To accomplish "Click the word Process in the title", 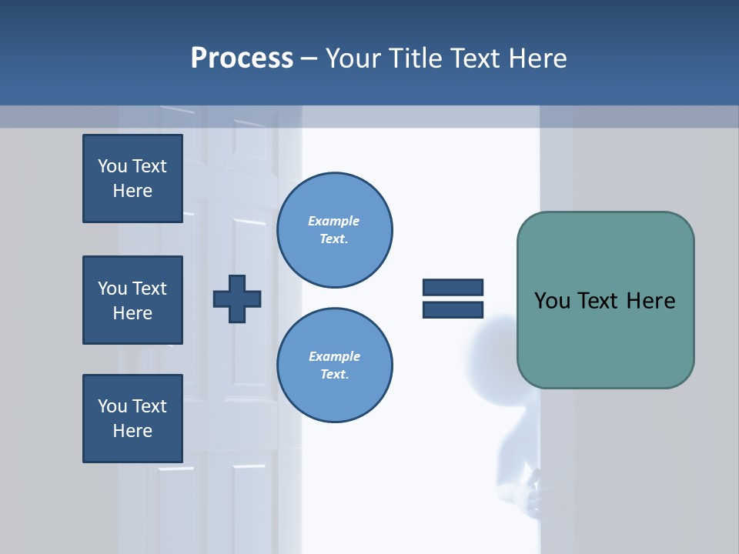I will pyautogui.click(x=242, y=58).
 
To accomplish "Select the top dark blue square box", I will pyautogui.click(x=132, y=179).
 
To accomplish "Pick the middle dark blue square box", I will pyautogui.click(x=132, y=300).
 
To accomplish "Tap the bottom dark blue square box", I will pyautogui.click(x=132, y=419).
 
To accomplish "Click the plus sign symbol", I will pyautogui.click(x=237, y=299).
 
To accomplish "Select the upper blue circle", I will pyautogui.click(x=334, y=230).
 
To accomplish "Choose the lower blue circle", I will pyautogui.click(x=334, y=365).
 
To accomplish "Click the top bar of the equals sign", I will pyautogui.click(x=453, y=288).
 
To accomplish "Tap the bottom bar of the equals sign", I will pyautogui.click(x=453, y=309).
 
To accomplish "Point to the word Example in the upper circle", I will pyautogui.click(x=333, y=221).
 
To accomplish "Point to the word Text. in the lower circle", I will pyautogui.click(x=334, y=374).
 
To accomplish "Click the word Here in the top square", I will pyautogui.click(x=132, y=191).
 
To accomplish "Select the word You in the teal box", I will pyautogui.click(x=552, y=301).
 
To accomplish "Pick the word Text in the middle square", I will pyautogui.click(x=149, y=289).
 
